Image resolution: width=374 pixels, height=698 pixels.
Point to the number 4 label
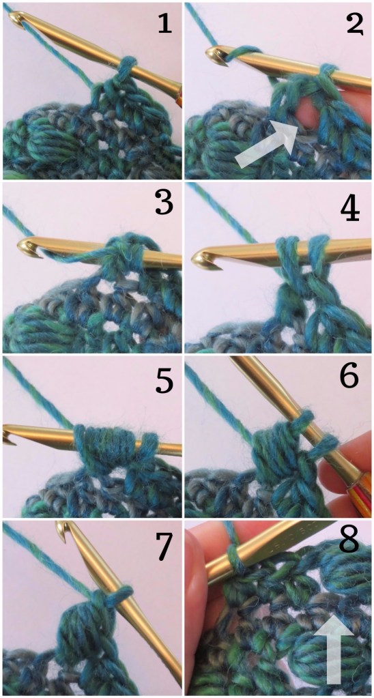(350, 209)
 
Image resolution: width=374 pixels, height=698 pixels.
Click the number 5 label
(164, 382)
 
